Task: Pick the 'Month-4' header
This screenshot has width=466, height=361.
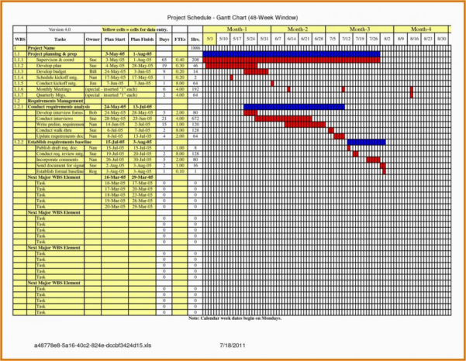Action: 420,28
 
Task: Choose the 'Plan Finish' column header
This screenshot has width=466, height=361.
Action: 142,37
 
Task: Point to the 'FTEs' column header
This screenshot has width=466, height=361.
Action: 180,37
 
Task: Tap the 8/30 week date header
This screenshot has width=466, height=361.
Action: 442,37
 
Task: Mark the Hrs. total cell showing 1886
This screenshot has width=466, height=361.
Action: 195,48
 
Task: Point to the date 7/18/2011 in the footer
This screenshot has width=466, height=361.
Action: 233,344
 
